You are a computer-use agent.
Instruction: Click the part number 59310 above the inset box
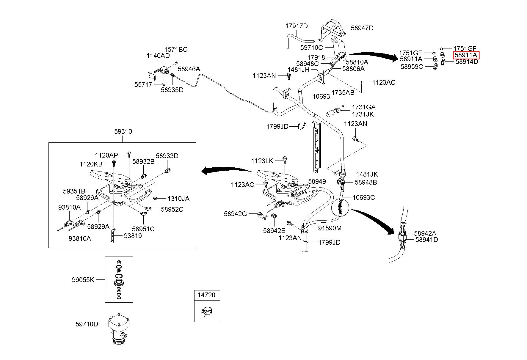[123, 131]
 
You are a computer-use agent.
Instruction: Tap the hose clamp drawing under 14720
[207, 312]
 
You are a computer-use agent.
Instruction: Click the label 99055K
[83, 280]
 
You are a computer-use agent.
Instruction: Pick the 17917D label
[297, 26]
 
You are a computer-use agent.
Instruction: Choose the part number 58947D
[362, 28]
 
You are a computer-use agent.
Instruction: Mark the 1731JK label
[363, 114]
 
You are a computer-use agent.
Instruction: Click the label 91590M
[330, 228]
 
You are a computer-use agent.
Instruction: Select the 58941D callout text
[426, 240]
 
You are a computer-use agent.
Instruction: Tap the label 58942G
[236, 213]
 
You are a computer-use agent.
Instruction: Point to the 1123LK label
[262, 161]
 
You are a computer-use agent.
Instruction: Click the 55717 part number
[143, 84]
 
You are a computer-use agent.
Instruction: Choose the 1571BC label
[176, 49]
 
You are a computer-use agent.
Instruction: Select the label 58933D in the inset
[167, 156]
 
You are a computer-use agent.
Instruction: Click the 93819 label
[133, 236]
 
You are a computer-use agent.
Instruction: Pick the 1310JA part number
[178, 199]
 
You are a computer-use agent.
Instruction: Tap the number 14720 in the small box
[207, 295]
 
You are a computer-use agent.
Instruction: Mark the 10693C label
[364, 197]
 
